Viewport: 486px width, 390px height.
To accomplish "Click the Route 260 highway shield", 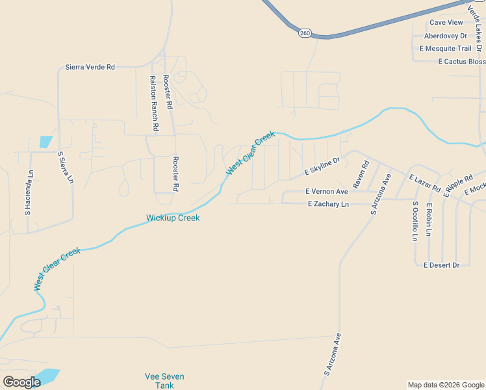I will tap(304, 32).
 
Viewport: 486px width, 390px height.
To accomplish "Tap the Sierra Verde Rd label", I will tap(90, 67).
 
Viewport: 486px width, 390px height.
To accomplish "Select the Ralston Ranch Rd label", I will tap(154, 104).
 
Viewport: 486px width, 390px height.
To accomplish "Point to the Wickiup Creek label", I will tap(173, 218).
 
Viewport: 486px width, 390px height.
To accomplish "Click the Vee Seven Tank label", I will tap(164, 381).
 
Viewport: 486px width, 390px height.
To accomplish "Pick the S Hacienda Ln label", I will tap(29, 192).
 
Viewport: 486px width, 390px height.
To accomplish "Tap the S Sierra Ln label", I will tap(65, 168).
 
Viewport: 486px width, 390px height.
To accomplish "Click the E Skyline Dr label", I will tap(323, 166).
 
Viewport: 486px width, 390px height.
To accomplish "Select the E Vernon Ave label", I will tap(327, 192).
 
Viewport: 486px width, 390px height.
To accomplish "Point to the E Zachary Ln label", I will tap(328, 204).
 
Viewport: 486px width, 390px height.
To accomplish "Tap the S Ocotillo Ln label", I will tap(415, 221).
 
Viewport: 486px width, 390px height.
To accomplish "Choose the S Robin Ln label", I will tap(429, 220).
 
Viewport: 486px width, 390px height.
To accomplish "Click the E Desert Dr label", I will tap(441, 265).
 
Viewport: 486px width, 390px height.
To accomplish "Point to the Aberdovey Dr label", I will tap(445, 36).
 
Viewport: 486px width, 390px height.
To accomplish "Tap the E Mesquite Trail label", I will tap(445, 49).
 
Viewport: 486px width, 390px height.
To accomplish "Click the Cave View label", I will tap(446, 22).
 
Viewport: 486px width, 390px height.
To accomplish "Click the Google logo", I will tap(21, 382).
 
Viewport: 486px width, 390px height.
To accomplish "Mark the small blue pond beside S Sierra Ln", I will tap(45, 142).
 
